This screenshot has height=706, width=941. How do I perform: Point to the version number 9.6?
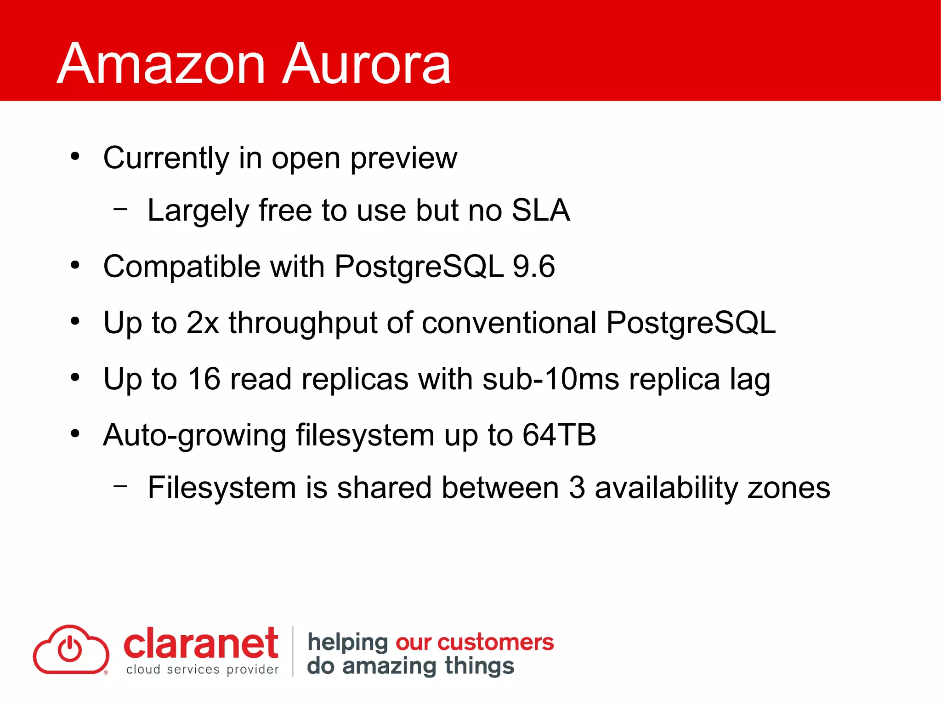533,267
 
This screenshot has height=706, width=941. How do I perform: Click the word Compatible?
181,267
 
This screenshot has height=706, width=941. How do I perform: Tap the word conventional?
509,323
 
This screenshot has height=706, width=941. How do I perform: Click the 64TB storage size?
559,435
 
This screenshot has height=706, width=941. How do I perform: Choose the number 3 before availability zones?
577,488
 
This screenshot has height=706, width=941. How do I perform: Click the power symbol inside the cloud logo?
70,649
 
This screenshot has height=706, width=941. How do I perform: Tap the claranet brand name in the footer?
201,643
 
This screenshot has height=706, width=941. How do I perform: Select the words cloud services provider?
202,670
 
